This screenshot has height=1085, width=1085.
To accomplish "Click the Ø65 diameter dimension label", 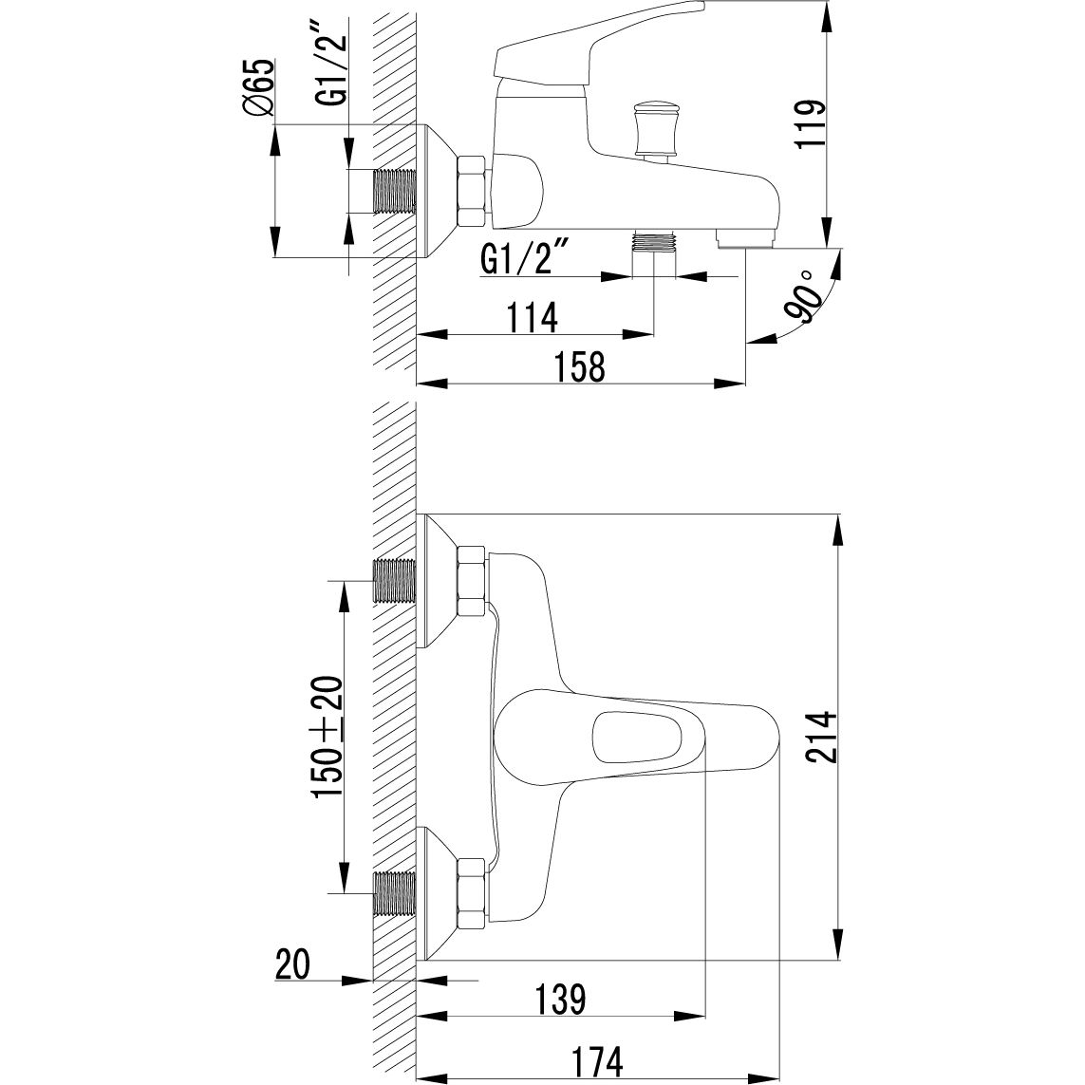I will (x=257, y=89).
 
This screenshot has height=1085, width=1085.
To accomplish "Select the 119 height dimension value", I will (x=812, y=122).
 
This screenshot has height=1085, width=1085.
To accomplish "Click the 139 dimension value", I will (x=555, y=1000).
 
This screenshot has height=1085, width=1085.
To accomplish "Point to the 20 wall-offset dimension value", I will (x=293, y=966).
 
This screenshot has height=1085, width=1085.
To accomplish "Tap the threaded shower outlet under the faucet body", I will (x=654, y=242).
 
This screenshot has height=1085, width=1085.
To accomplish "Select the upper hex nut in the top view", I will (x=472, y=581).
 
